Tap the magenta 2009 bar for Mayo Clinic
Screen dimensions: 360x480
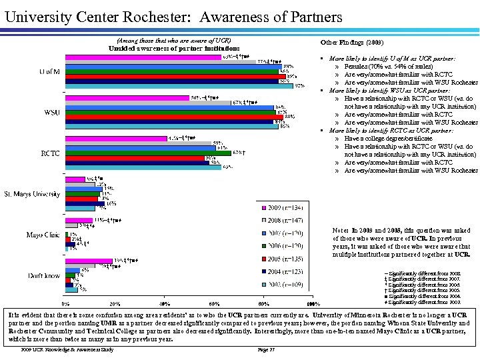79,220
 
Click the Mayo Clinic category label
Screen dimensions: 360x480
44,235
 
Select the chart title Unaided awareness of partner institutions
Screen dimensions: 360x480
174,48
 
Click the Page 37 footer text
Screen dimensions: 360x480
265,349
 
